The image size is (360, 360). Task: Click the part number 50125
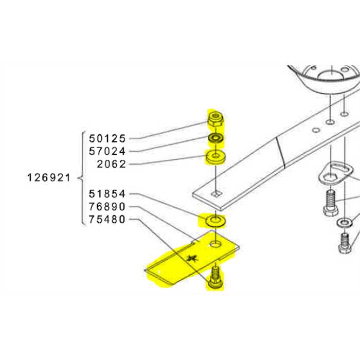coord(107,138)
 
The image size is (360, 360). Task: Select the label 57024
coord(107,151)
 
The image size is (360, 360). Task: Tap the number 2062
coord(111,164)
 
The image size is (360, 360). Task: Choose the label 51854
coord(107,194)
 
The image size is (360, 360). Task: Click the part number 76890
coord(107,207)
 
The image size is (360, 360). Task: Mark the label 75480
coord(107,220)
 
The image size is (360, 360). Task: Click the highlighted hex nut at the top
coord(214,120)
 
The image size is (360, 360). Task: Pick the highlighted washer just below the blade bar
coord(213,222)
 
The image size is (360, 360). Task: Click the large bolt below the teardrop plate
coord(330,203)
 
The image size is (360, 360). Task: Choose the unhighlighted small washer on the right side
coord(343,223)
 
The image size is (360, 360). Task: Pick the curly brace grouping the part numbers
coord(81,178)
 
